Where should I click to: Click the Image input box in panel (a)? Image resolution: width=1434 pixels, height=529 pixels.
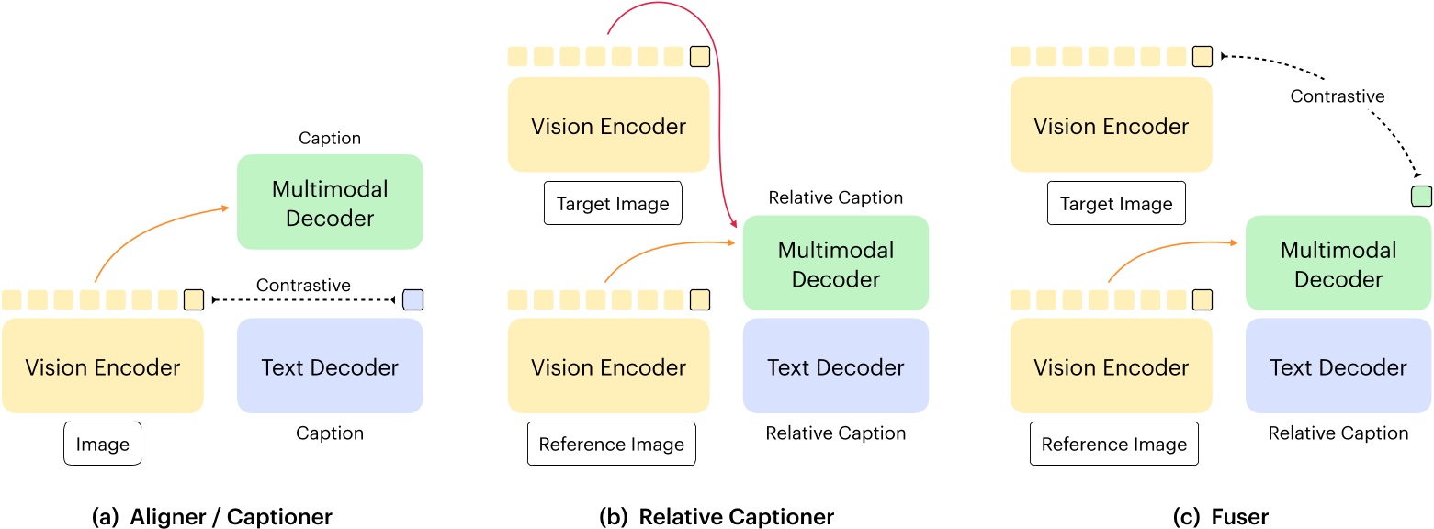[102, 445]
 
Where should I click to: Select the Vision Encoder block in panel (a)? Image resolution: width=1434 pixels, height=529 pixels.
[102, 367]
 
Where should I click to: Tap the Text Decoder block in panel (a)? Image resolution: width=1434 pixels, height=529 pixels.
[329, 367]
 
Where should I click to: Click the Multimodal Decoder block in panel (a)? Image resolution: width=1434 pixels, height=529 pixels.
[329, 202]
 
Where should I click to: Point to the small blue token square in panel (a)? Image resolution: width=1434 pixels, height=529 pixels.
[412, 299]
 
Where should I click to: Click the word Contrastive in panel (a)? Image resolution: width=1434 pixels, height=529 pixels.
[303, 286]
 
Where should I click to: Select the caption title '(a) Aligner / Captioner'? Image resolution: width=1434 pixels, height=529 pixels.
[212, 517]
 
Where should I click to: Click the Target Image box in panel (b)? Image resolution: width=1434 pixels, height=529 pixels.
[613, 204]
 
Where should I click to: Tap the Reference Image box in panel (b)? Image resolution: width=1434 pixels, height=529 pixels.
[611, 445]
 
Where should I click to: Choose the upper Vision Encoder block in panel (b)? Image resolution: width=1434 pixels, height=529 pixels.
[608, 126]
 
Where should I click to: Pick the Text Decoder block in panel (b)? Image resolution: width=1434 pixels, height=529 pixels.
[835, 367]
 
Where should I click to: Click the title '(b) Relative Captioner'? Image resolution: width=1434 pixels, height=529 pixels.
[716, 517]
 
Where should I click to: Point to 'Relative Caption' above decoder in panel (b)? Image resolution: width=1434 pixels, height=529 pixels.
[835, 197]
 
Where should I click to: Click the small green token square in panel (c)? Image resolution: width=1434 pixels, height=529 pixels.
[1421, 196]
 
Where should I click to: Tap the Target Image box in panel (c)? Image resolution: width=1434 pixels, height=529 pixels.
[1115, 204]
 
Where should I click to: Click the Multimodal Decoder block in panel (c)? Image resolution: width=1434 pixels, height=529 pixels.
[1338, 264]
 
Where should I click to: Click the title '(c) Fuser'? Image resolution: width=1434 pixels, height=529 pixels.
[1221, 517]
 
